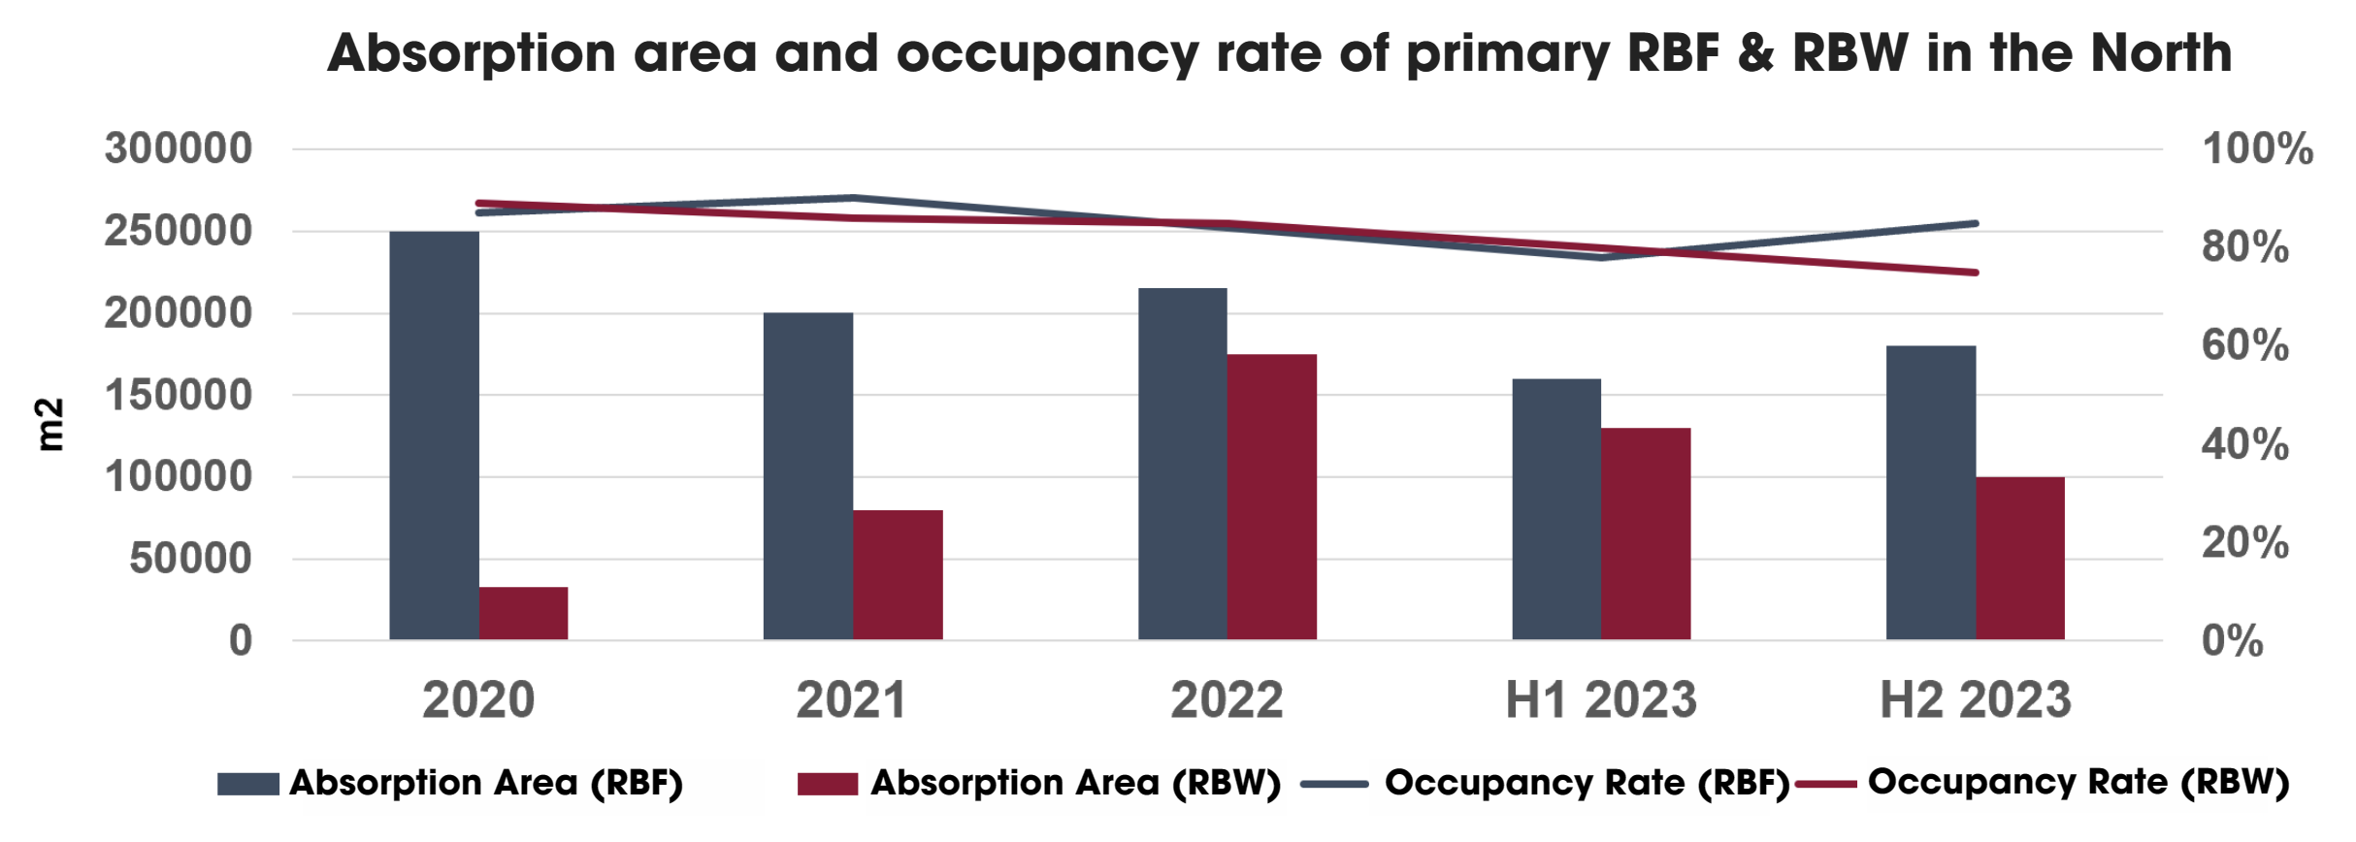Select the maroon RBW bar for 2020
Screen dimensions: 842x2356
coord(523,613)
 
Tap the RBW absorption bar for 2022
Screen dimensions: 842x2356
coord(1271,497)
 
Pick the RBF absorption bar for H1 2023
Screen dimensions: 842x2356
coord(1555,508)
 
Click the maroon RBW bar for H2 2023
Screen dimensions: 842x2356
coord(2019,558)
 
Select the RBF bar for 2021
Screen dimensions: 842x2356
coord(807,475)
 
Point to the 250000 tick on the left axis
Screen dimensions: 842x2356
coord(179,231)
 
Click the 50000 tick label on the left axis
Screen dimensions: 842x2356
coord(190,559)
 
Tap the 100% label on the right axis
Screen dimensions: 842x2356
coord(2257,148)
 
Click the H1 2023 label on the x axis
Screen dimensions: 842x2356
coord(1600,699)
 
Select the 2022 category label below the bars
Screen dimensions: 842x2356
coord(1227,699)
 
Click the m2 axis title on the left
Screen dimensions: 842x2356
coord(49,424)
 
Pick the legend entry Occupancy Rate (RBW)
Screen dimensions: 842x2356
coord(2078,782)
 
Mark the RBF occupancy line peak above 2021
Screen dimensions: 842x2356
coord(852,198)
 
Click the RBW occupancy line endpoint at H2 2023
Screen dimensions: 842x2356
coord(1976,273)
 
